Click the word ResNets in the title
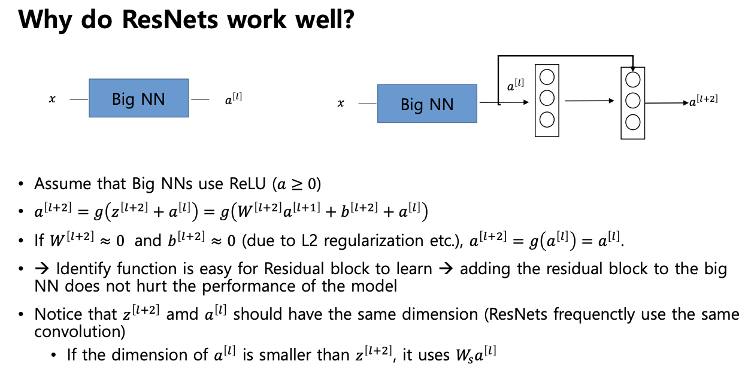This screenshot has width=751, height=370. [170, 19]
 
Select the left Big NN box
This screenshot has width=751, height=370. [139, 98]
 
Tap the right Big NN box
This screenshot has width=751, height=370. [427, 104]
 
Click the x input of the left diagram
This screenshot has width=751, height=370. [52, 99]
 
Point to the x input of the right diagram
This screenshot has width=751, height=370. [341, 103]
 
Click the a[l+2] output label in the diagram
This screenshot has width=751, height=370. [704, 101]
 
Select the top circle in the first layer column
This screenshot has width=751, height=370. [547, 77]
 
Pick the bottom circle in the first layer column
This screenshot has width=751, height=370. [547, 120]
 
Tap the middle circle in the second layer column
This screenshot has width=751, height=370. [632, 101]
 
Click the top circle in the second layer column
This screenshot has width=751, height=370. [632, 80]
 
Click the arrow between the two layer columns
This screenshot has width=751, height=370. [589, 101]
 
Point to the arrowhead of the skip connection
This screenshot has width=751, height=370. [632, 69]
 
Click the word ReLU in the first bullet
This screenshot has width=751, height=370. [247, 184]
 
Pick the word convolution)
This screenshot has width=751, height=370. [80, 332]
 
